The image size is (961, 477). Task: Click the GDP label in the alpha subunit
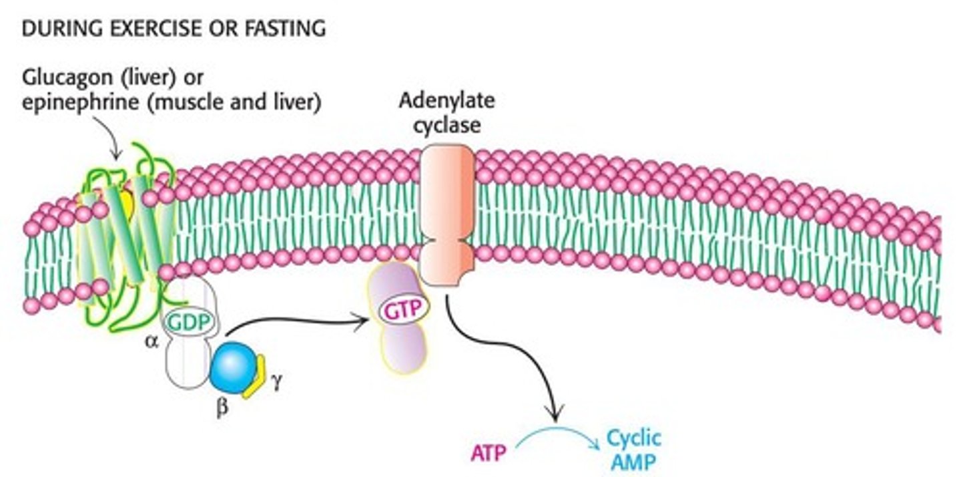[x=190, y=322]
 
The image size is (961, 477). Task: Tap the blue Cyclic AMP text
[x=633, y=450]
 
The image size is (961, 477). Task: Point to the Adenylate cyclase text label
[x=446, y=112]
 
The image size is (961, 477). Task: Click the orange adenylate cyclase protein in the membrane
[x=446, y=214]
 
